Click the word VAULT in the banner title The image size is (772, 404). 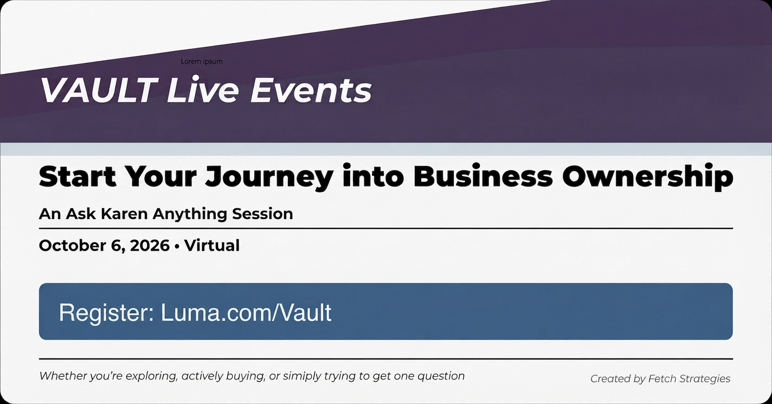click(x=98, y=89)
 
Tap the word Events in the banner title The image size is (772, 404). click(x=311, y=89)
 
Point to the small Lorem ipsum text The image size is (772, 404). click(x=202, y=61)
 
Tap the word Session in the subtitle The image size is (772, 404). click(x=262, y=214)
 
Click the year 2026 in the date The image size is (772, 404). click(x=150, y=246)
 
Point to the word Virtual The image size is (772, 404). click(x=212, y=246)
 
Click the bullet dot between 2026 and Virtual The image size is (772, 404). click(x=177, y=246)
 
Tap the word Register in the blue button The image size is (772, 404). click(x=106, y=313)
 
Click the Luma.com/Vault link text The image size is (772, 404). click(x=246, y=312)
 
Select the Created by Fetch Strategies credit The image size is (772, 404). click(x=660, y=379)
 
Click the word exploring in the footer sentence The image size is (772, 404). click(x=152, y=376)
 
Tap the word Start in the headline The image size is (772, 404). click(x=78, y=176)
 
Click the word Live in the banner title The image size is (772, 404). click(x=202, y=89)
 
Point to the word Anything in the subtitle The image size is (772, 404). click(x=190, y=214)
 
